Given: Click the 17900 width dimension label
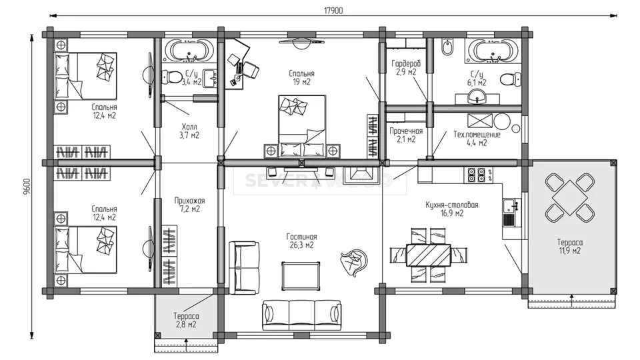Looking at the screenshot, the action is [333, 11].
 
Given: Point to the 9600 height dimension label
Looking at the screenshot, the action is [27, 186].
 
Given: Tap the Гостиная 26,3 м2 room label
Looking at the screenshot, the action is [301, 241].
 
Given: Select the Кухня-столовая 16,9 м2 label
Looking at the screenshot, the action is [452, 209].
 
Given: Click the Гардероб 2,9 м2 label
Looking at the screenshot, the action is [406, 68].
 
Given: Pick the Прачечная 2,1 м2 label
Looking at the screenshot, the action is [406, 135].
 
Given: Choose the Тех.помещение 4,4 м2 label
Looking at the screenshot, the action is [477, 139].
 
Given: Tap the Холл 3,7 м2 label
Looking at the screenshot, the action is [189, 131].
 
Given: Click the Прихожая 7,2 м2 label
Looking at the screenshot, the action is [189, 205].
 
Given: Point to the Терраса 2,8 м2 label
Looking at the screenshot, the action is [186, 321].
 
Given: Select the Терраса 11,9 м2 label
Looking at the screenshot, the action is [570, 247].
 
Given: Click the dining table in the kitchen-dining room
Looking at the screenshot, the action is [429, 255].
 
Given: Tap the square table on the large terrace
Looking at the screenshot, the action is [570, 197].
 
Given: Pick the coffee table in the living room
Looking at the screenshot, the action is [301, 276].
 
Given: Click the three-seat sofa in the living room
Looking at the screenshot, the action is [301, 315].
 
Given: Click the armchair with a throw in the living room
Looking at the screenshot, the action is [353, 263].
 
